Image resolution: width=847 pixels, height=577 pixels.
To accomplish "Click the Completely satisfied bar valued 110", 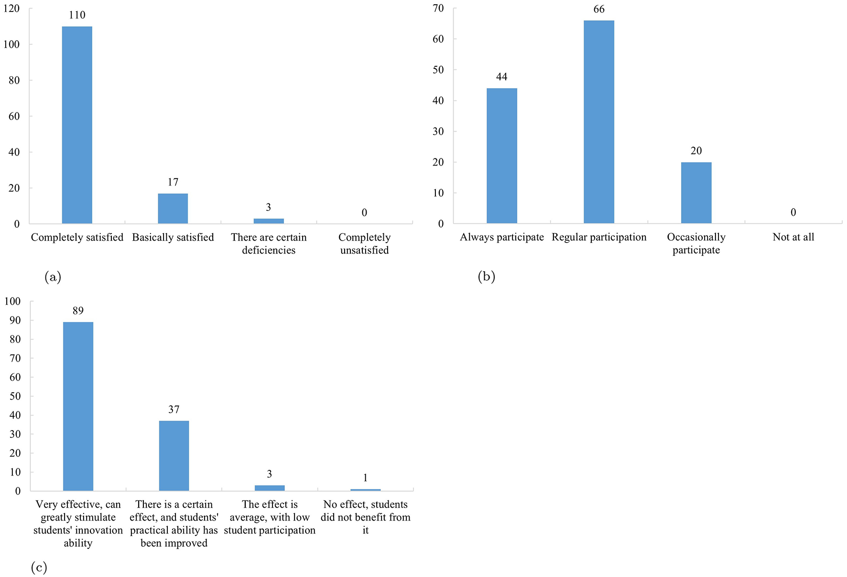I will (77, 125).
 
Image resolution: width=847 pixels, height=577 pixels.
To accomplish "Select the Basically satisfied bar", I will (173, 209).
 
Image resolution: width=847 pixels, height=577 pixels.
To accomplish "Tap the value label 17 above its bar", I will (173, 182).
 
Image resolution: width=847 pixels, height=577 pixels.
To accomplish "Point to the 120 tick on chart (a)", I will (11, 9).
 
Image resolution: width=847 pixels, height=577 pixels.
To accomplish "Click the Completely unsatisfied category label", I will (364, 244).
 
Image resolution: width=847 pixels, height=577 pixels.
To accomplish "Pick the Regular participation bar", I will (598, 122).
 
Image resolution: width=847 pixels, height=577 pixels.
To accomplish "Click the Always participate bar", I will (501, 156).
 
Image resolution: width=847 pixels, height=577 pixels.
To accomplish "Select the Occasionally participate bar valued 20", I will (696, 193).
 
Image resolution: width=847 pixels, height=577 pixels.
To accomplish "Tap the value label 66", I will (599, 10).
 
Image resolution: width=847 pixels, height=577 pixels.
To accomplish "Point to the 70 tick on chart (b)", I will (438, 8).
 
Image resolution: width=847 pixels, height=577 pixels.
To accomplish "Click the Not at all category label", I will (793, 237).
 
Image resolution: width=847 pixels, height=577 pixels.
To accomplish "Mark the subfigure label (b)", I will (486, 277).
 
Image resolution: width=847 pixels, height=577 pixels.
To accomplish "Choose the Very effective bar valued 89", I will (78, 406).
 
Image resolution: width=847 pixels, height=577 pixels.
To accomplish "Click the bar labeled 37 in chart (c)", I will (174, 455).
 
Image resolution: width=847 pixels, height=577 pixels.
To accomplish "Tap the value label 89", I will (78, 311).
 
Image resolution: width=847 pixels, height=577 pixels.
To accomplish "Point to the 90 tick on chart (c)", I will (15, 321).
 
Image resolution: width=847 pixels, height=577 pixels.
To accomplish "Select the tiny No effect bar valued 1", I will (365, 489).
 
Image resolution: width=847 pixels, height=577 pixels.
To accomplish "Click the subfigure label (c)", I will (39, 567).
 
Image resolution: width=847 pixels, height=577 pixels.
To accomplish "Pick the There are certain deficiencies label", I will (269, 244).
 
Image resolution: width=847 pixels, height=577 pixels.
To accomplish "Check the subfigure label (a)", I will (53, 277).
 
